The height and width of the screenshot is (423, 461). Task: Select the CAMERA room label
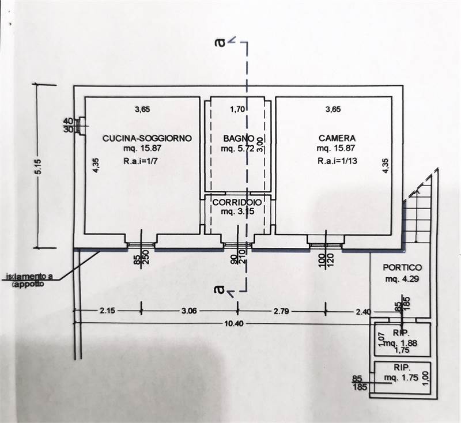[337, 138]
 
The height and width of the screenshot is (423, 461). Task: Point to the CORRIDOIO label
[238, 203]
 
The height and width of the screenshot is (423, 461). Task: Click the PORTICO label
[402, 268]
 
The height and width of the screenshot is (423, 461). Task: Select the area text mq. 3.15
[238, 212]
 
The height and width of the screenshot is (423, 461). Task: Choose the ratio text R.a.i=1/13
[338, 162]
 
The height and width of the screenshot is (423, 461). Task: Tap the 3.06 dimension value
[190, 311]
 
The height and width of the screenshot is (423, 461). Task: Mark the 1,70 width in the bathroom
[237, 109]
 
